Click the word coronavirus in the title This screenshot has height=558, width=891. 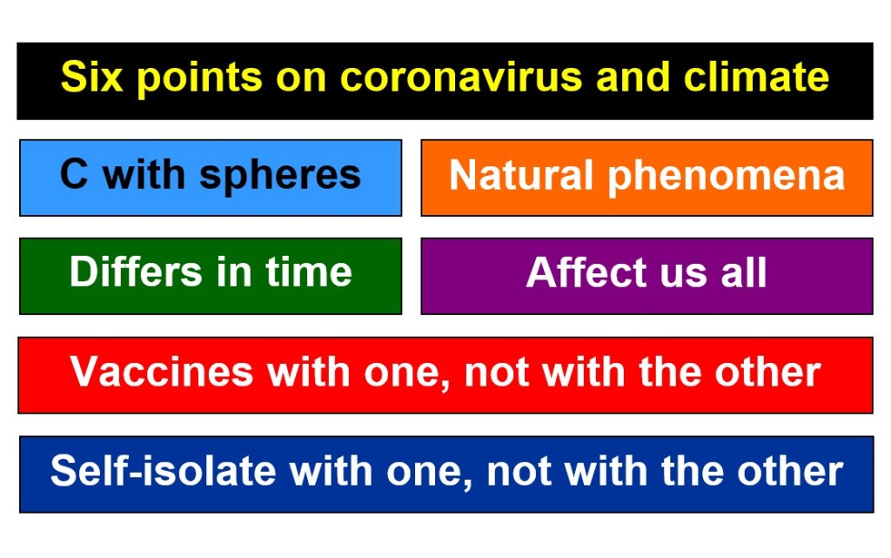tap(461, 77)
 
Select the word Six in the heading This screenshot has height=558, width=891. tap(91, 76)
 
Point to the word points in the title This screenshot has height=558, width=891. tap(199, 77)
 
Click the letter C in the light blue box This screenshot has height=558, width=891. tap(74, 173)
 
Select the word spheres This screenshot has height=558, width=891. tap(280, 176)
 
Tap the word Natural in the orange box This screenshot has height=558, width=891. tap(521, 174)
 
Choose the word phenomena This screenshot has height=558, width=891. tap(727, 177)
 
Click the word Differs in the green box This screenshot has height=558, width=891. tap(135, 272)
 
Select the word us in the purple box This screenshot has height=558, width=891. tap(684, 276)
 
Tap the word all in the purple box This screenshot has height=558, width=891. tap(744, 272)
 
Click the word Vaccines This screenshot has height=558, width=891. tap(161, 372)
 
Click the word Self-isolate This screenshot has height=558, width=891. tap(163, 470)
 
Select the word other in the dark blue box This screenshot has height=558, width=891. tap(790, 470)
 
